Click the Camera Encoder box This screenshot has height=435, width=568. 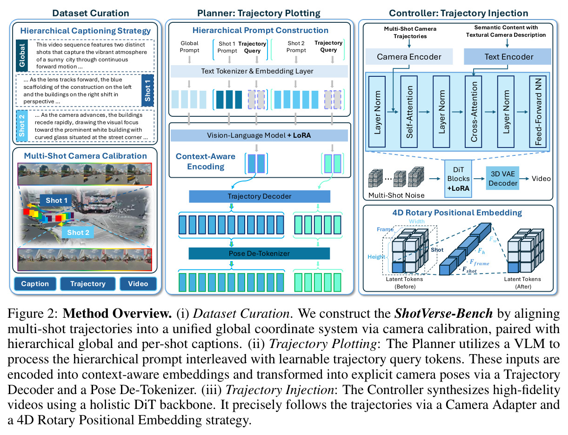click(409, 56)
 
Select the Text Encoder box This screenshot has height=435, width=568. click(508, 56)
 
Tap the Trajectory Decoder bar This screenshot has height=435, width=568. click(259, 196)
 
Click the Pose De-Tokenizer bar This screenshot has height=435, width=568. click(259, 253)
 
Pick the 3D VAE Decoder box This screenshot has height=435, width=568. click(502, 178)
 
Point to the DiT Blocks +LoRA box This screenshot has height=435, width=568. click(458, 179)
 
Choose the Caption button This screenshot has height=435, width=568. click(35, 284)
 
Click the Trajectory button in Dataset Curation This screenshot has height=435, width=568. click(88, 284)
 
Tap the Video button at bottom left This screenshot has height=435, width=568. click(138, 284)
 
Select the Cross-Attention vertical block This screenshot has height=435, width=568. click(474, 112)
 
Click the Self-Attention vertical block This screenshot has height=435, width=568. click(409, 112)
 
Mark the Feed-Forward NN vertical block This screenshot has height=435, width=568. click(538, 112)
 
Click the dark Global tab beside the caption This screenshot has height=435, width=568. click(22, 55)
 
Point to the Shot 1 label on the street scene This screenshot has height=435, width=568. click(56, 200)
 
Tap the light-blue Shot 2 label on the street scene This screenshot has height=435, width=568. click(78, 233)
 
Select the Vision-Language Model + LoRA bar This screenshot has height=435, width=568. click(259, 135)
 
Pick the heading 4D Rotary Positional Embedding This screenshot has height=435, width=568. click(457, 213)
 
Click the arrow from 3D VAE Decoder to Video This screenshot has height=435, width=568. click(524, 179)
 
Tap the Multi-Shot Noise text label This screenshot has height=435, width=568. click(396, 195)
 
